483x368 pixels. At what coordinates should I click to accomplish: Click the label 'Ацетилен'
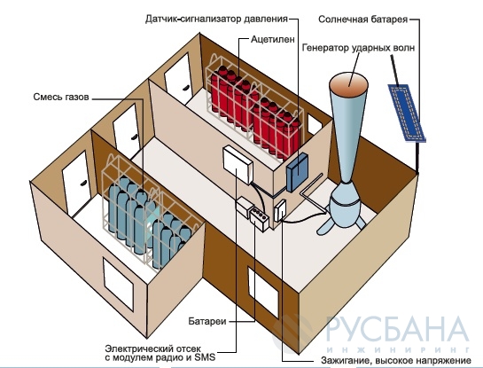(x=273, y=39)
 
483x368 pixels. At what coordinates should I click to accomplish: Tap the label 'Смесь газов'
(x=61, y=97)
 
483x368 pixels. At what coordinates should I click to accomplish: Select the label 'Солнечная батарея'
(x=362, y=20)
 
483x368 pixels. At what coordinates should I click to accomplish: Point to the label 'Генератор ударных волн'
(x=358, y=48)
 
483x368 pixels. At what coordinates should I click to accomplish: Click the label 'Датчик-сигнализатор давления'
(x=216, y=20)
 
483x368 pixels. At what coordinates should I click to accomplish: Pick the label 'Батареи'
(x=207, y=321)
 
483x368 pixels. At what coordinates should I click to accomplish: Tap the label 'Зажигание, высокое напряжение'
(x=396, y=360)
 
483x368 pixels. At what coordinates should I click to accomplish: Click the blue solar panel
(x=407, y=113)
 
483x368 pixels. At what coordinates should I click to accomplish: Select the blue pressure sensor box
(x=297, y=172)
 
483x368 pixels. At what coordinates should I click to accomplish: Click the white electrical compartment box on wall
(x=238, y=165)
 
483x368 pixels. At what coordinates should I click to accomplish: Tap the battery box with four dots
(x=260, y=219)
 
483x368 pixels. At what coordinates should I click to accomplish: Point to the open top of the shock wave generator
(x=348, y=83)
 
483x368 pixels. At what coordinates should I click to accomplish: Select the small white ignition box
(x=280, y=210)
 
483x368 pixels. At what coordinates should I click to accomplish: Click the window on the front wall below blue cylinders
(x=118, y=285)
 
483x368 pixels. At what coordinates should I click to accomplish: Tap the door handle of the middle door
(x=135, y=137)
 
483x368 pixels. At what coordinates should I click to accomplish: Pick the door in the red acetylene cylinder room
(x=178, y=79)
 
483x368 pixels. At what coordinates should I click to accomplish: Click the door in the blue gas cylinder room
(x=77, y=183)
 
